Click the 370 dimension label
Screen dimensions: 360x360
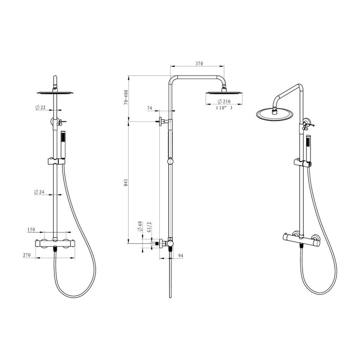tap(199, 63)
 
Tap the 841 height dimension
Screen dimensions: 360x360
tap(126, 182)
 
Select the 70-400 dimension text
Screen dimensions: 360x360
tap(126, 97)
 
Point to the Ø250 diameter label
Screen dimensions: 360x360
tap(224, 101)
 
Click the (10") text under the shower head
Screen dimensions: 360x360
tap(224, 108)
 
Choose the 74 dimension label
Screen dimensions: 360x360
tap(149, 108)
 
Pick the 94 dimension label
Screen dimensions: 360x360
tap(181, 256)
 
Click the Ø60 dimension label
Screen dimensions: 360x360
tap(140, 226)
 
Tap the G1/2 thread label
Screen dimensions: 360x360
tap(149, 227)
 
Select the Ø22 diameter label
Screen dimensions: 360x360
tap(40, 107)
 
